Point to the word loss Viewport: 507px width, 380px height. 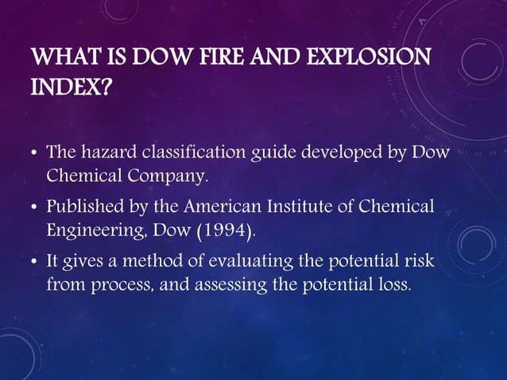pos(397,284)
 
